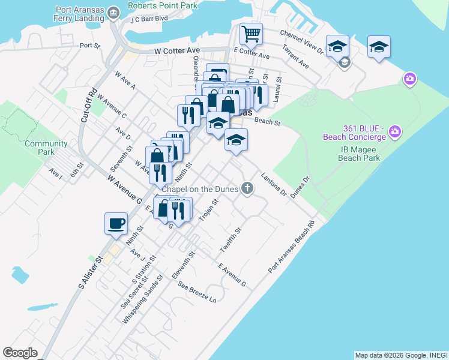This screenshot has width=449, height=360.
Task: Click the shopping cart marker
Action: click(x=250, y=34)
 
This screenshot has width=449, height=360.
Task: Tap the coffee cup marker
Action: click(x=116, y=223)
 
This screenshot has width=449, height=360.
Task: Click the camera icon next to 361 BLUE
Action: click(x=395, y=131)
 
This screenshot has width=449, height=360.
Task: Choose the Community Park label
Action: click(x=46, y=148)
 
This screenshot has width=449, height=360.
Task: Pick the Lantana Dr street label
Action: click(x=274, y=183)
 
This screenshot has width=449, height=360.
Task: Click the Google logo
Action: click(x=20, y=353)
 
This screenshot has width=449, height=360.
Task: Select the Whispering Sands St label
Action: click(x=142, y=300)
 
